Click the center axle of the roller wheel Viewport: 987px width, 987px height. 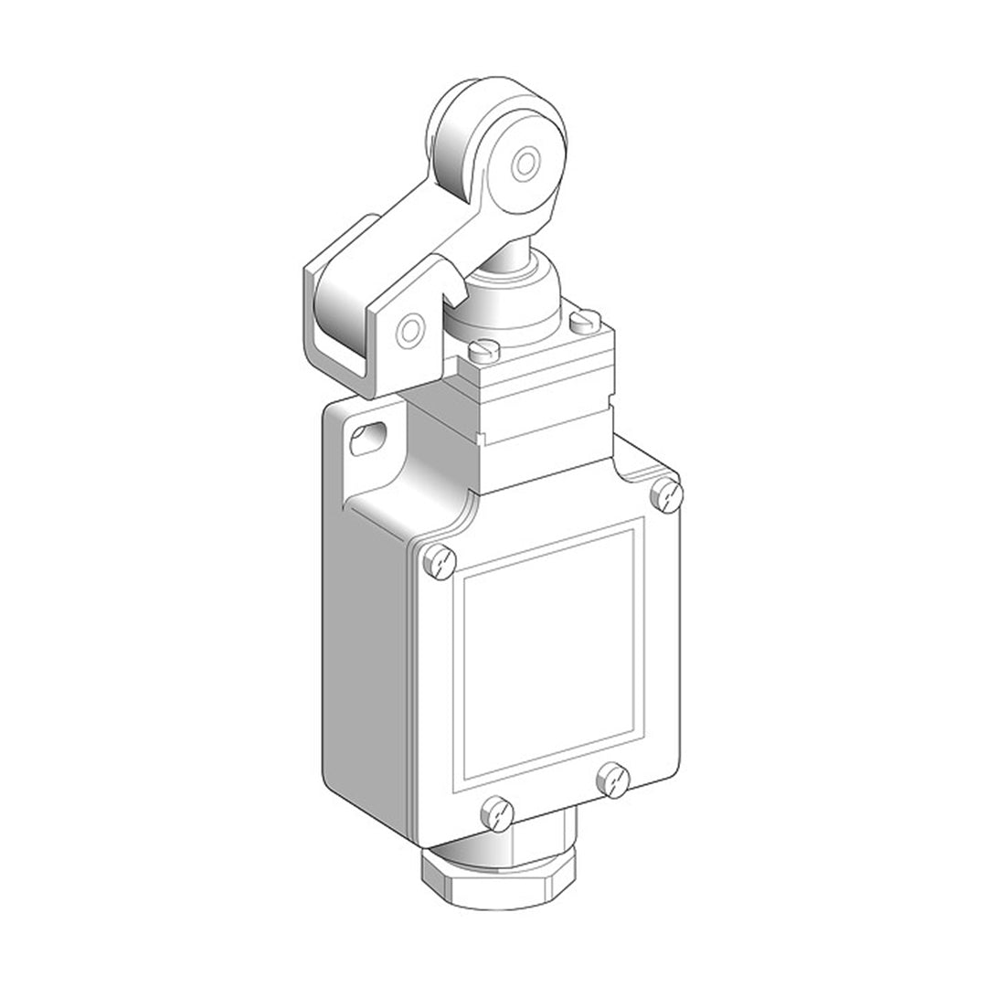[x=525, y=164]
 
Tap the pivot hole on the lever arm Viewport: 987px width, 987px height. [x=412, y=326]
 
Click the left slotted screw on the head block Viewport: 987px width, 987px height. [x=484, y=347]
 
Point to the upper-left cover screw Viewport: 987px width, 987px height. [x=441, y=560]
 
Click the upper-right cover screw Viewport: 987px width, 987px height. [x=668, y=494]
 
